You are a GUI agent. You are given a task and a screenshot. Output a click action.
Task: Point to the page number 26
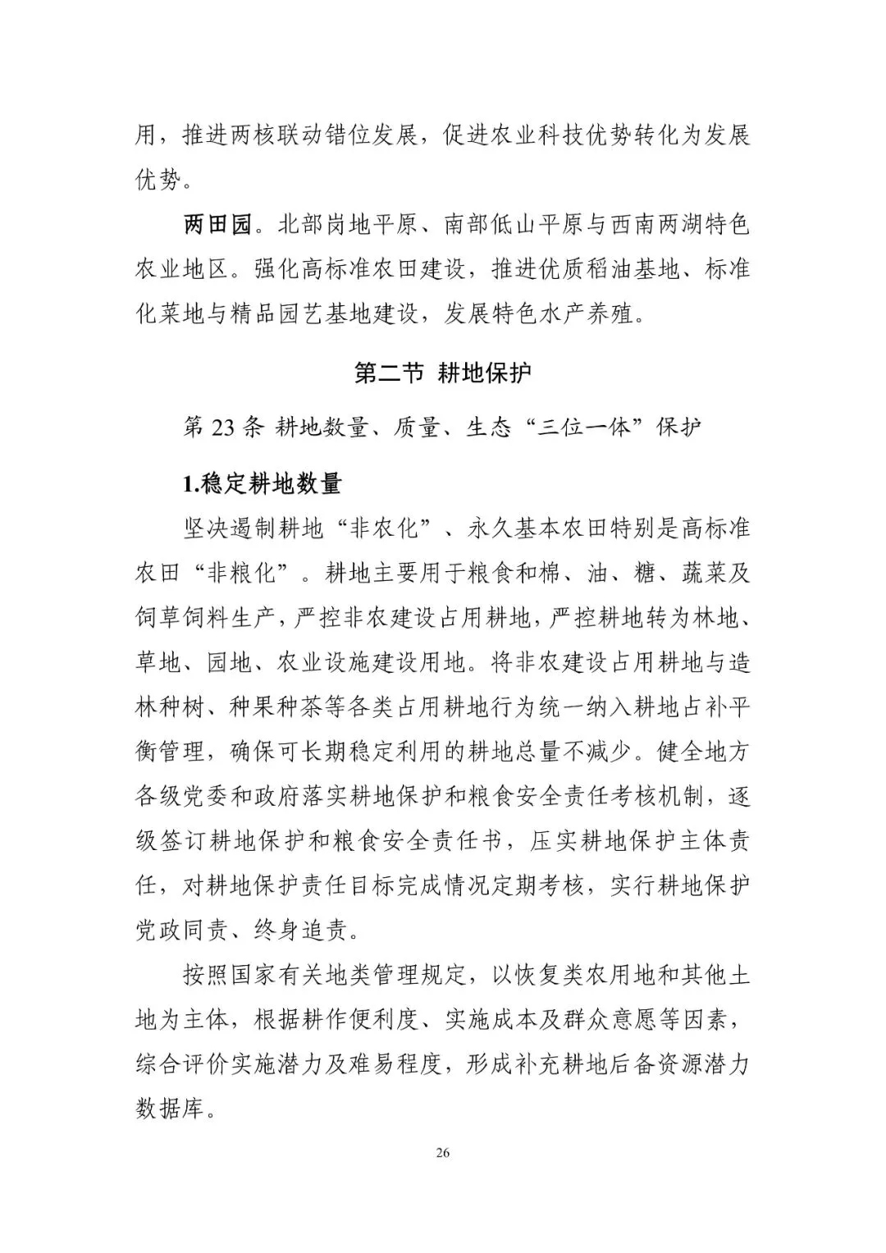[442, 1152]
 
